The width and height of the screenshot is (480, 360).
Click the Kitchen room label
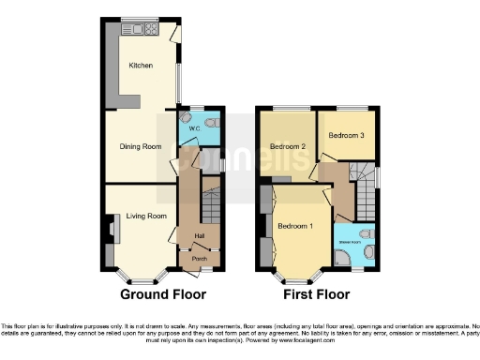point(140,66)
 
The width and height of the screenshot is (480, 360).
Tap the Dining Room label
point(141,146)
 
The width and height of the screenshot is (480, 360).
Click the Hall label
point(199,235)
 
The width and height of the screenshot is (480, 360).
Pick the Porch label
point(199,258)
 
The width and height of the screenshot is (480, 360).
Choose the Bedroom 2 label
point(288,147)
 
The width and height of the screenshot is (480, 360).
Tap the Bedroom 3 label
point(345,136)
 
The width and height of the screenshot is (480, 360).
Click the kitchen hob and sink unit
point(145,30)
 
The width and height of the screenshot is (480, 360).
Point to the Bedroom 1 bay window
point(298,277)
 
